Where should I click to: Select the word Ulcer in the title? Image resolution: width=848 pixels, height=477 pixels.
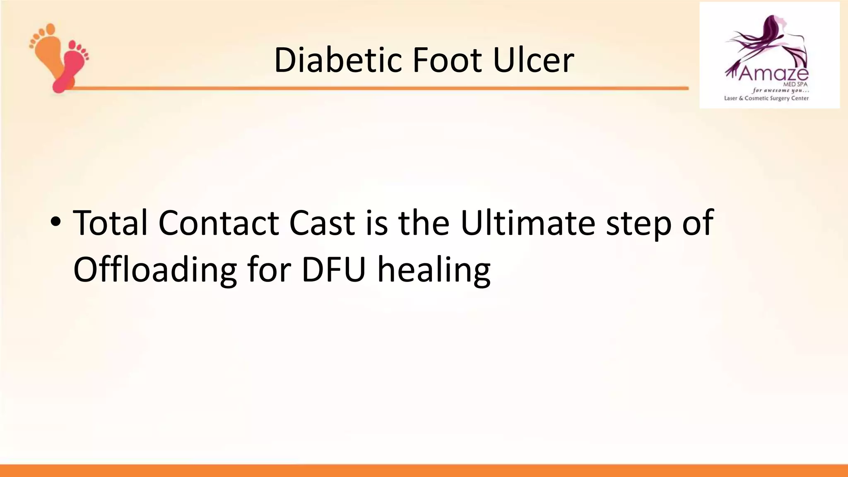pyautogui.click(x=533, y=60)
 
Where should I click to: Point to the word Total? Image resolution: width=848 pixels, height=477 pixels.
pyautogui.click(x=110, y=223)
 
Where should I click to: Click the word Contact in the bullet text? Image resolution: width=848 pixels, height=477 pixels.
pyautogui.click(x=219, y=223)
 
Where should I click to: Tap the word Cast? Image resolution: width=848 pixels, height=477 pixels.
pyautogui.click(x=322, y=223)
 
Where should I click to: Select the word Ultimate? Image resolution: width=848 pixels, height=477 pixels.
pyautogui.click(x=528, y=223)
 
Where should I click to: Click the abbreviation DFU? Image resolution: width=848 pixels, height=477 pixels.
pyautogui.click(x=334, y=270)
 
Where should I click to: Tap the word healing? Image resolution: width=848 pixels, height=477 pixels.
pyautogui.click(x=434, y=271)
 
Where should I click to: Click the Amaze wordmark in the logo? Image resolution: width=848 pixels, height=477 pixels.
pyautogui.click(x=773, y=74)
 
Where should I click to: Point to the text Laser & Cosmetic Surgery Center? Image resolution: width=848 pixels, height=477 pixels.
pyautogui.click(x=766, y=99)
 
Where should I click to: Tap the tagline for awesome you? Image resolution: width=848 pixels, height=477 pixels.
pyautogui.click(x=781, y=91)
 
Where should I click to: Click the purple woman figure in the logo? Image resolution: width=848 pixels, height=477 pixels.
pyautogui.click(x=770, y=41)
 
